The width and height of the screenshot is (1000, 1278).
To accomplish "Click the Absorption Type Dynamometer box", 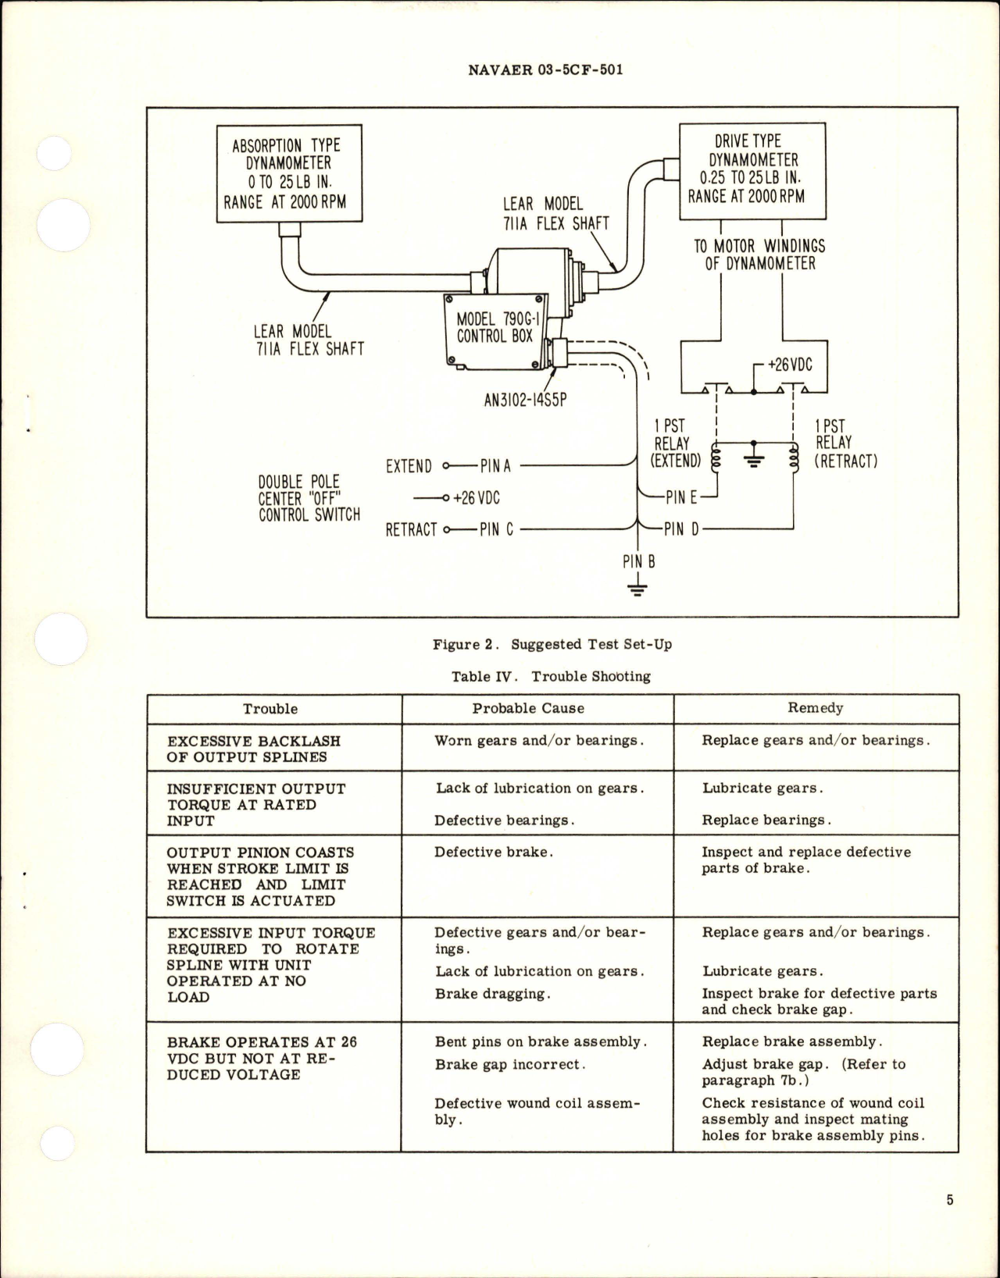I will [288, 173].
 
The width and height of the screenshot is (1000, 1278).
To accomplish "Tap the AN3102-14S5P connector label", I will [525, 400].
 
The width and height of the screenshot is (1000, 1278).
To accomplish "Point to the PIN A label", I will [495, 466].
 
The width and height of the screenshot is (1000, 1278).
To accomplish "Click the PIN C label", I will [496, 529].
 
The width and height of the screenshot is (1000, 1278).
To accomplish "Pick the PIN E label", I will [680, 497].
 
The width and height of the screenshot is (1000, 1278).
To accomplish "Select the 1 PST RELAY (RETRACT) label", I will [845, 443].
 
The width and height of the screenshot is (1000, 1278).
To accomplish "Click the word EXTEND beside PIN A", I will [409, 467].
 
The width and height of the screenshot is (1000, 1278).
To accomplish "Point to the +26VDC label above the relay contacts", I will [790, 365].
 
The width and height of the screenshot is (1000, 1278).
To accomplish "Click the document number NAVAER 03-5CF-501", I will [545, 69].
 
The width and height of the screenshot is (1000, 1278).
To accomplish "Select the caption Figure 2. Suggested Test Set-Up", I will [552, 644].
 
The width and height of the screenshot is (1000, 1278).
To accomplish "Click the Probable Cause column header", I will [528, 708].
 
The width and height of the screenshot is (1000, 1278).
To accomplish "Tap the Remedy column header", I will [815, 707].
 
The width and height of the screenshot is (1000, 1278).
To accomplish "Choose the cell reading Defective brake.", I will [493, 852].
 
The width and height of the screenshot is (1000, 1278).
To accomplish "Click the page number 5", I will [949, 1200].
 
